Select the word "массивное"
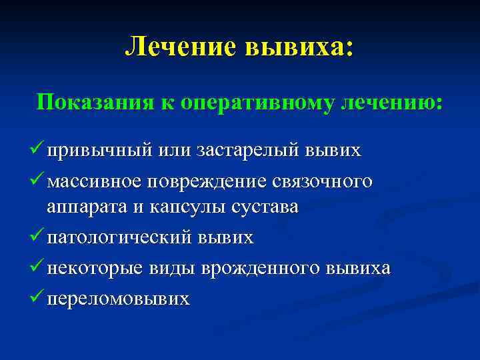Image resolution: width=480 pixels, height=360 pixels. click(95, 181)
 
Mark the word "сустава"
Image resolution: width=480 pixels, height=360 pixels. click(265, 207)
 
